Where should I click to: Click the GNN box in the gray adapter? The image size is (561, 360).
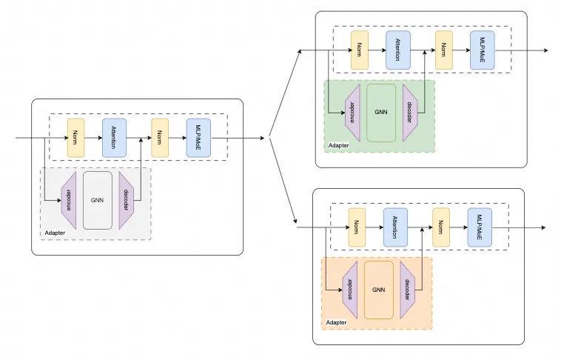(98, 200)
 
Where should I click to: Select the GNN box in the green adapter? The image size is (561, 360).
(381, 113)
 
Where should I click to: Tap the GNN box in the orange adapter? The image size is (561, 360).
(379, 290)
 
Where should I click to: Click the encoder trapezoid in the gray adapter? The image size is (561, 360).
(69, 201)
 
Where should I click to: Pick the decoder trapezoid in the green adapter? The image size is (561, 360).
(410, 113)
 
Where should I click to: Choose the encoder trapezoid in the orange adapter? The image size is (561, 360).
(349, 290)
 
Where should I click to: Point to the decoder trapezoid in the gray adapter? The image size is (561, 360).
(127, 201)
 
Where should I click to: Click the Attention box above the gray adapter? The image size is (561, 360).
(114, 137)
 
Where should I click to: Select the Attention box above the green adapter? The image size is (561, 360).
(397, 50)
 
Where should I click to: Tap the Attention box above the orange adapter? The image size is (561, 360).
(395, 227)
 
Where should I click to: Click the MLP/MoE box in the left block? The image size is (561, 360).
(198, 137)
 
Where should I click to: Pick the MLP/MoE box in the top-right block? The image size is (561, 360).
(482, 50)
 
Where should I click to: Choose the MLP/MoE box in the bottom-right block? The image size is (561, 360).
(480, 227)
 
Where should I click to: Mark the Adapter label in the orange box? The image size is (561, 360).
(336, 323)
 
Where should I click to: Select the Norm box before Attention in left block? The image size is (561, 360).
(76, 137)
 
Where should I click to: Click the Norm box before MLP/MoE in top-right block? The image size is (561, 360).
(444, 50)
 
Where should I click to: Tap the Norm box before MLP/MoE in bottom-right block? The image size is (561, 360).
(442, 227)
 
